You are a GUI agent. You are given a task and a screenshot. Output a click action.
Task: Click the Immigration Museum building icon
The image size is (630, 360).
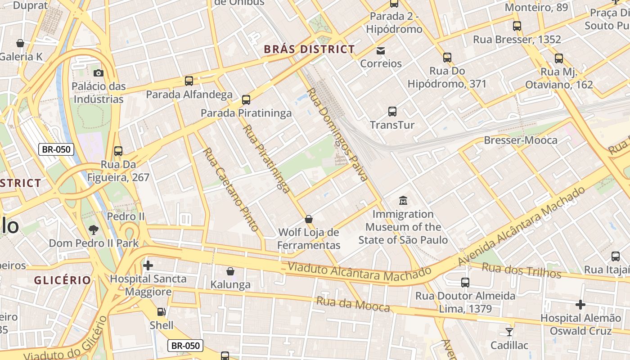point(403,200)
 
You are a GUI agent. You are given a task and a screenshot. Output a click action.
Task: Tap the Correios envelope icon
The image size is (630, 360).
point(381,50)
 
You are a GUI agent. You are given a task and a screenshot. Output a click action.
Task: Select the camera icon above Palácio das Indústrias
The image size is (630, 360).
point(98,73)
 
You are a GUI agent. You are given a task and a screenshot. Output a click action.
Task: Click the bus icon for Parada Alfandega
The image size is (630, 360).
point(189,81)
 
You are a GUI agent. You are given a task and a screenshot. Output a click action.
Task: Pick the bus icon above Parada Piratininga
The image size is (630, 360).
point(246,99)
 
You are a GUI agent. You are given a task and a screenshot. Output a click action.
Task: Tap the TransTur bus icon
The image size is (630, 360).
point(392,111)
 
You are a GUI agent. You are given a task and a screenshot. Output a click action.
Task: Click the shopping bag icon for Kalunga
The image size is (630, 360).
point(230,271)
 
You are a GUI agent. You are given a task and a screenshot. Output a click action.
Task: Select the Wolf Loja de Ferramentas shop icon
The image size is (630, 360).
point(309,219)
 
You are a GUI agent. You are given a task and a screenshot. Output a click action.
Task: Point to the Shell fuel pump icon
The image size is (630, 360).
point(161,311)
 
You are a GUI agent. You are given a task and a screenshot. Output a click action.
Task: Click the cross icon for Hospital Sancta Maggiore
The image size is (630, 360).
point(148,265)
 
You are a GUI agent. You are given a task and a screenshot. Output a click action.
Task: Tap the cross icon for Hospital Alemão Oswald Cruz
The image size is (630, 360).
point(580,305)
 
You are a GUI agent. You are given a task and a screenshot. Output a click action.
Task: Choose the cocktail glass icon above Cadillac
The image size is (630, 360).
point(509,332)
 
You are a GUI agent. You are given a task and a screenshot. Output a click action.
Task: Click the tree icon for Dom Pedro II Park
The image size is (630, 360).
point(94,230)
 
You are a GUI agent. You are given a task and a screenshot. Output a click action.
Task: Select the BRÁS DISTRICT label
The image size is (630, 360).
point(309,49)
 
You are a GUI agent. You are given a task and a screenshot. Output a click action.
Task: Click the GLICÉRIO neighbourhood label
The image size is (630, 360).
point(63,280)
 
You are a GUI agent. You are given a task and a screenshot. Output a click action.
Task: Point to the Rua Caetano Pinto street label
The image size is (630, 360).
point(232,189)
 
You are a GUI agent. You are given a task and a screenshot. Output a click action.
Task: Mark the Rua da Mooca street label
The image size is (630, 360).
point(353,304)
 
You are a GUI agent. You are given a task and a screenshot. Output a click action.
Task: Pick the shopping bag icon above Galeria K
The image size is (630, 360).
point(20,43)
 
